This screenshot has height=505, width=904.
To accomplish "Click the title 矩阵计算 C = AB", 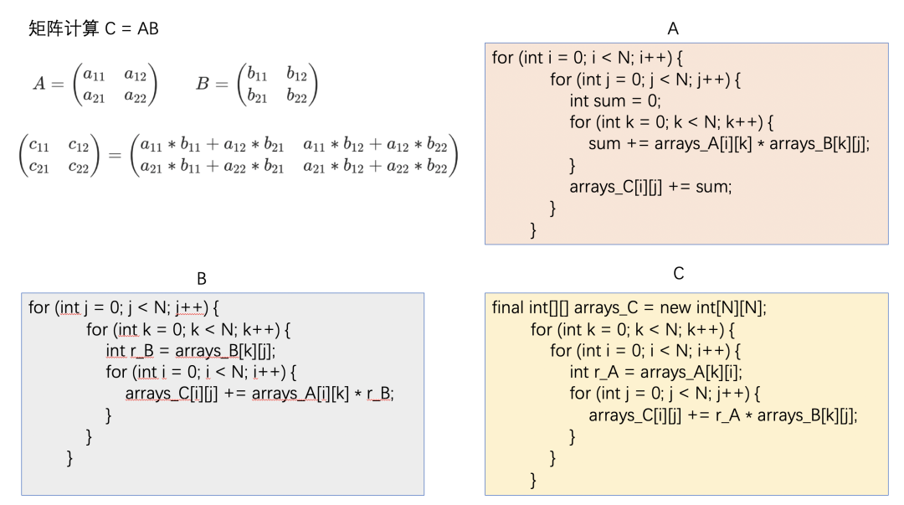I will pos(94,29).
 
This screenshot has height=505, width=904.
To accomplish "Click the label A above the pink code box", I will pos(673,28).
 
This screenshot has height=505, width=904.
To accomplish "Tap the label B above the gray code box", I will pos(202,278).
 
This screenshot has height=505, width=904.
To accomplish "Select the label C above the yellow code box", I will pos(679,274).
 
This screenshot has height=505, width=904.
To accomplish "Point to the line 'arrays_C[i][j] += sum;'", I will pos(650,187).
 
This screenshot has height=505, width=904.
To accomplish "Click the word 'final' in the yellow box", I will pos(508,307).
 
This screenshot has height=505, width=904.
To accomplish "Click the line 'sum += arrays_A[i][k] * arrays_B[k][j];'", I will pos(729,143).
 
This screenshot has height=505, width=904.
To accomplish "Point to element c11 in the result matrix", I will pos(39,146).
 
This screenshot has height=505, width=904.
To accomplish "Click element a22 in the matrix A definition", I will pos(134,97).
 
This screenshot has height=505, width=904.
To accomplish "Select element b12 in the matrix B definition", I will pos(296,75).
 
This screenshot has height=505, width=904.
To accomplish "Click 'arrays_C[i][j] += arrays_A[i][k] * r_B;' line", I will pos(259,393).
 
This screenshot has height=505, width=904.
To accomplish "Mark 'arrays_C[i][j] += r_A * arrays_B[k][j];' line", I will pos(723,415).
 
